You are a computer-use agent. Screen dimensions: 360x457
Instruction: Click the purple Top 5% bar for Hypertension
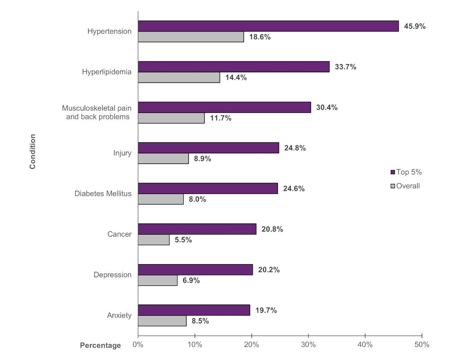click(268, 26)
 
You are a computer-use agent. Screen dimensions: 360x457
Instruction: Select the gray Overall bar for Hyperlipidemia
click(179, 77)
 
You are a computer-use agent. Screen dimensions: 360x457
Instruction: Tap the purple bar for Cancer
click(197, 229)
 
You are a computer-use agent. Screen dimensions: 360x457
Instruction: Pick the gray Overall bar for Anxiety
click(162, 321)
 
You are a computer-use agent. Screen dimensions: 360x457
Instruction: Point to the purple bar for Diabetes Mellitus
click(208, 188)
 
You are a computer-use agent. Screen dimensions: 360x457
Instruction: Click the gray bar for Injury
click(163, 158)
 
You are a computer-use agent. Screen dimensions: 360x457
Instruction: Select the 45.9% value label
click(415, 27)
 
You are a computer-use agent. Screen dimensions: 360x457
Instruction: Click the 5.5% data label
click(183, 240)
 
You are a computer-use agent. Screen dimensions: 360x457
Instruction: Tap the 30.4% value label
click(327, 107)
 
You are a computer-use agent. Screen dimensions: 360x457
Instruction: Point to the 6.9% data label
click(191, 280)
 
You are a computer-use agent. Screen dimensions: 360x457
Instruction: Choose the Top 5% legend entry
click(406, 172)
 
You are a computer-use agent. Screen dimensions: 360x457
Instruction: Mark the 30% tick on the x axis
click(308, 345)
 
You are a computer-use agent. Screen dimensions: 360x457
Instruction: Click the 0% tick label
click(138, 345)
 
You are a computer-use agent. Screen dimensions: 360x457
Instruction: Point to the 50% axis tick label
click(422, 345)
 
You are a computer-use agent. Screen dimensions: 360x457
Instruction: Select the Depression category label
click(112, 275)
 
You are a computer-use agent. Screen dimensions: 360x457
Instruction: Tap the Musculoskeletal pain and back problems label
click(97, 113)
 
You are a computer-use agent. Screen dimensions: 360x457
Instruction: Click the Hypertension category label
click(109, 31)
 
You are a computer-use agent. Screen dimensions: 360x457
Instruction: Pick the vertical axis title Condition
click(33, 151)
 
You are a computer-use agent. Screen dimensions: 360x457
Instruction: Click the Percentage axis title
click(100, 346)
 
